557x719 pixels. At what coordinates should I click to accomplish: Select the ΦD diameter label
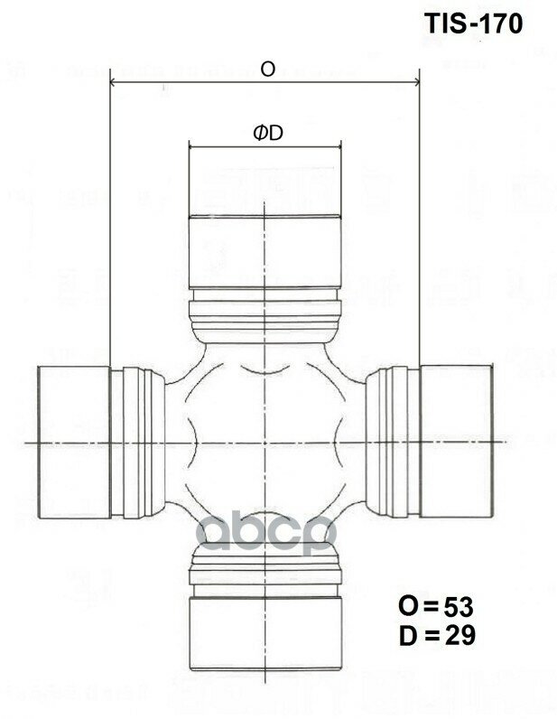click(267, 133)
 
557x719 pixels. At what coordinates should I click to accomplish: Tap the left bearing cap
click(72, 442)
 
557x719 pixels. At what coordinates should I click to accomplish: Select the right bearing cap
click(456, 442)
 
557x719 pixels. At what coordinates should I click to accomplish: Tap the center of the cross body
click(264, 442)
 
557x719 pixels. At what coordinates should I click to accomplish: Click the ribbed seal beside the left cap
click(139, 442)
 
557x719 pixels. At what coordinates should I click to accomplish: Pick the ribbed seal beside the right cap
click(390, 442)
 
